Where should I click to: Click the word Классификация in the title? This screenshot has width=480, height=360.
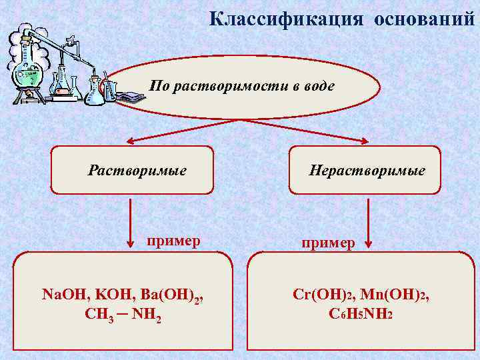click(x=285, y=19)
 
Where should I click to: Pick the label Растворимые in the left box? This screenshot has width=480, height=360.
click(x=137, y=171)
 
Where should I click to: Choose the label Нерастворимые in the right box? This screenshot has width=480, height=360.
click(x=367, y=171)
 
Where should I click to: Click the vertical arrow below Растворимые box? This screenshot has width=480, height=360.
click(x=131, y=223)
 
